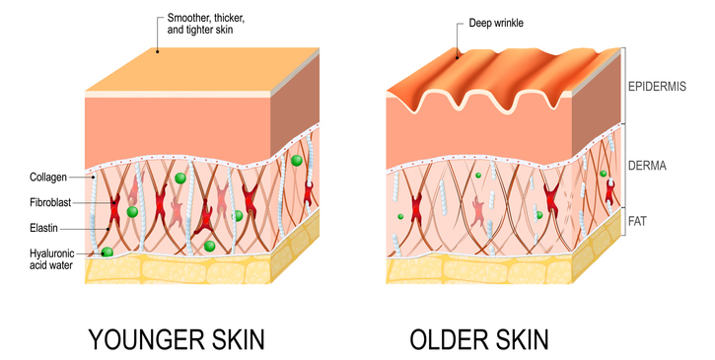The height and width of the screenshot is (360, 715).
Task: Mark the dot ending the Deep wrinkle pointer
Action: coord(456,57)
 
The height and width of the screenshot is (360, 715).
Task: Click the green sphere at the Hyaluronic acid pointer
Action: coord(107,253)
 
